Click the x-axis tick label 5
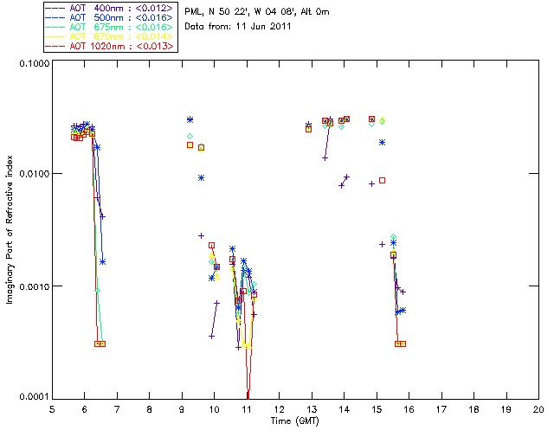(52, 408)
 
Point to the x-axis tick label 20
(538, 408)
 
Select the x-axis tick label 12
(279, 408)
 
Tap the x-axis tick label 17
(441, 408)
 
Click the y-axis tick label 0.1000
(33, 63)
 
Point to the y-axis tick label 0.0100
(33, 175)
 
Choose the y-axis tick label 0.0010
(33, 286)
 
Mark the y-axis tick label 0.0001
(33, 397)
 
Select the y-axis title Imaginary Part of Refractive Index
(10, 230)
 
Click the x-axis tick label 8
(149, 408)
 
